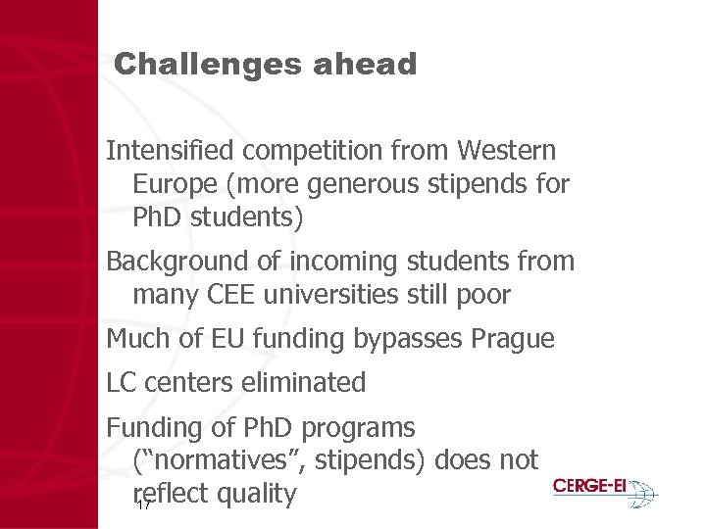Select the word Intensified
coord(171,151)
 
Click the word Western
coord(506,151)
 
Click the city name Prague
coord(513,339)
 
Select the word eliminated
coord(302,382)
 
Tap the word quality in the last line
coord(257,495)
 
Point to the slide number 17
coord(142,505)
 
